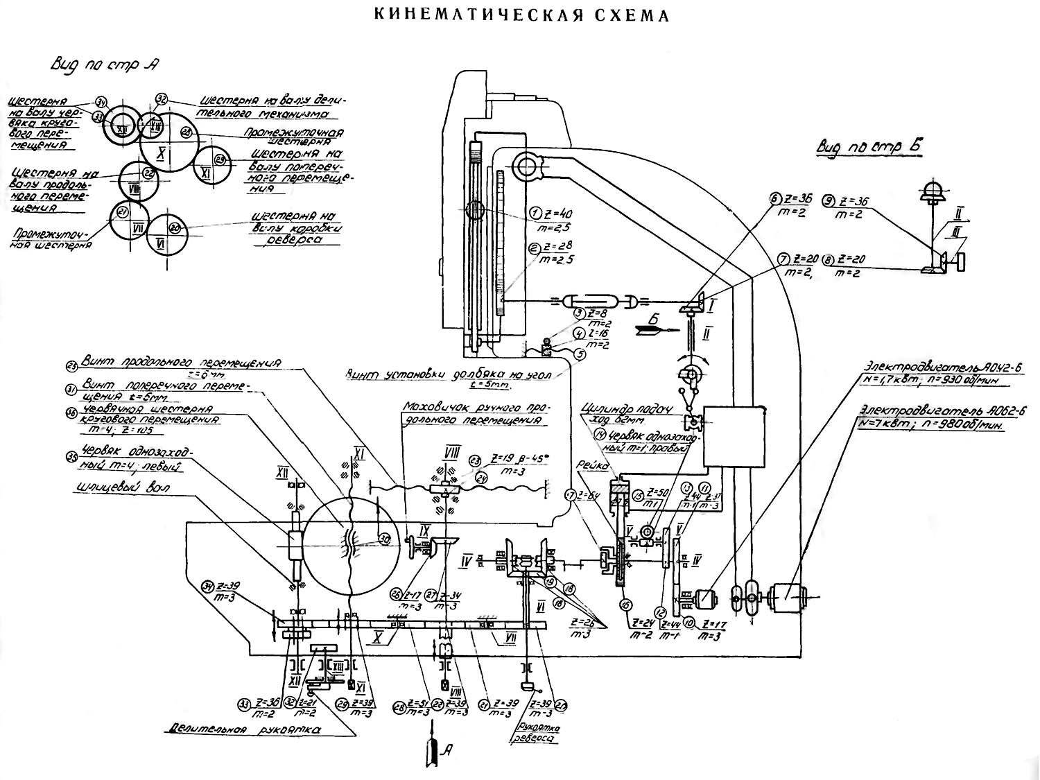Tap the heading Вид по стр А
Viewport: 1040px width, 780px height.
pos(105,64)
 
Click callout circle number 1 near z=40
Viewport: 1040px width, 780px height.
pos(535,212)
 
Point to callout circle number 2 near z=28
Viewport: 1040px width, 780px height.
pos(535,248)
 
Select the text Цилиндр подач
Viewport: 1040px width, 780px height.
pos(616,410)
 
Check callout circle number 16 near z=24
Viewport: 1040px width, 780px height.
pos(627,605)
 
